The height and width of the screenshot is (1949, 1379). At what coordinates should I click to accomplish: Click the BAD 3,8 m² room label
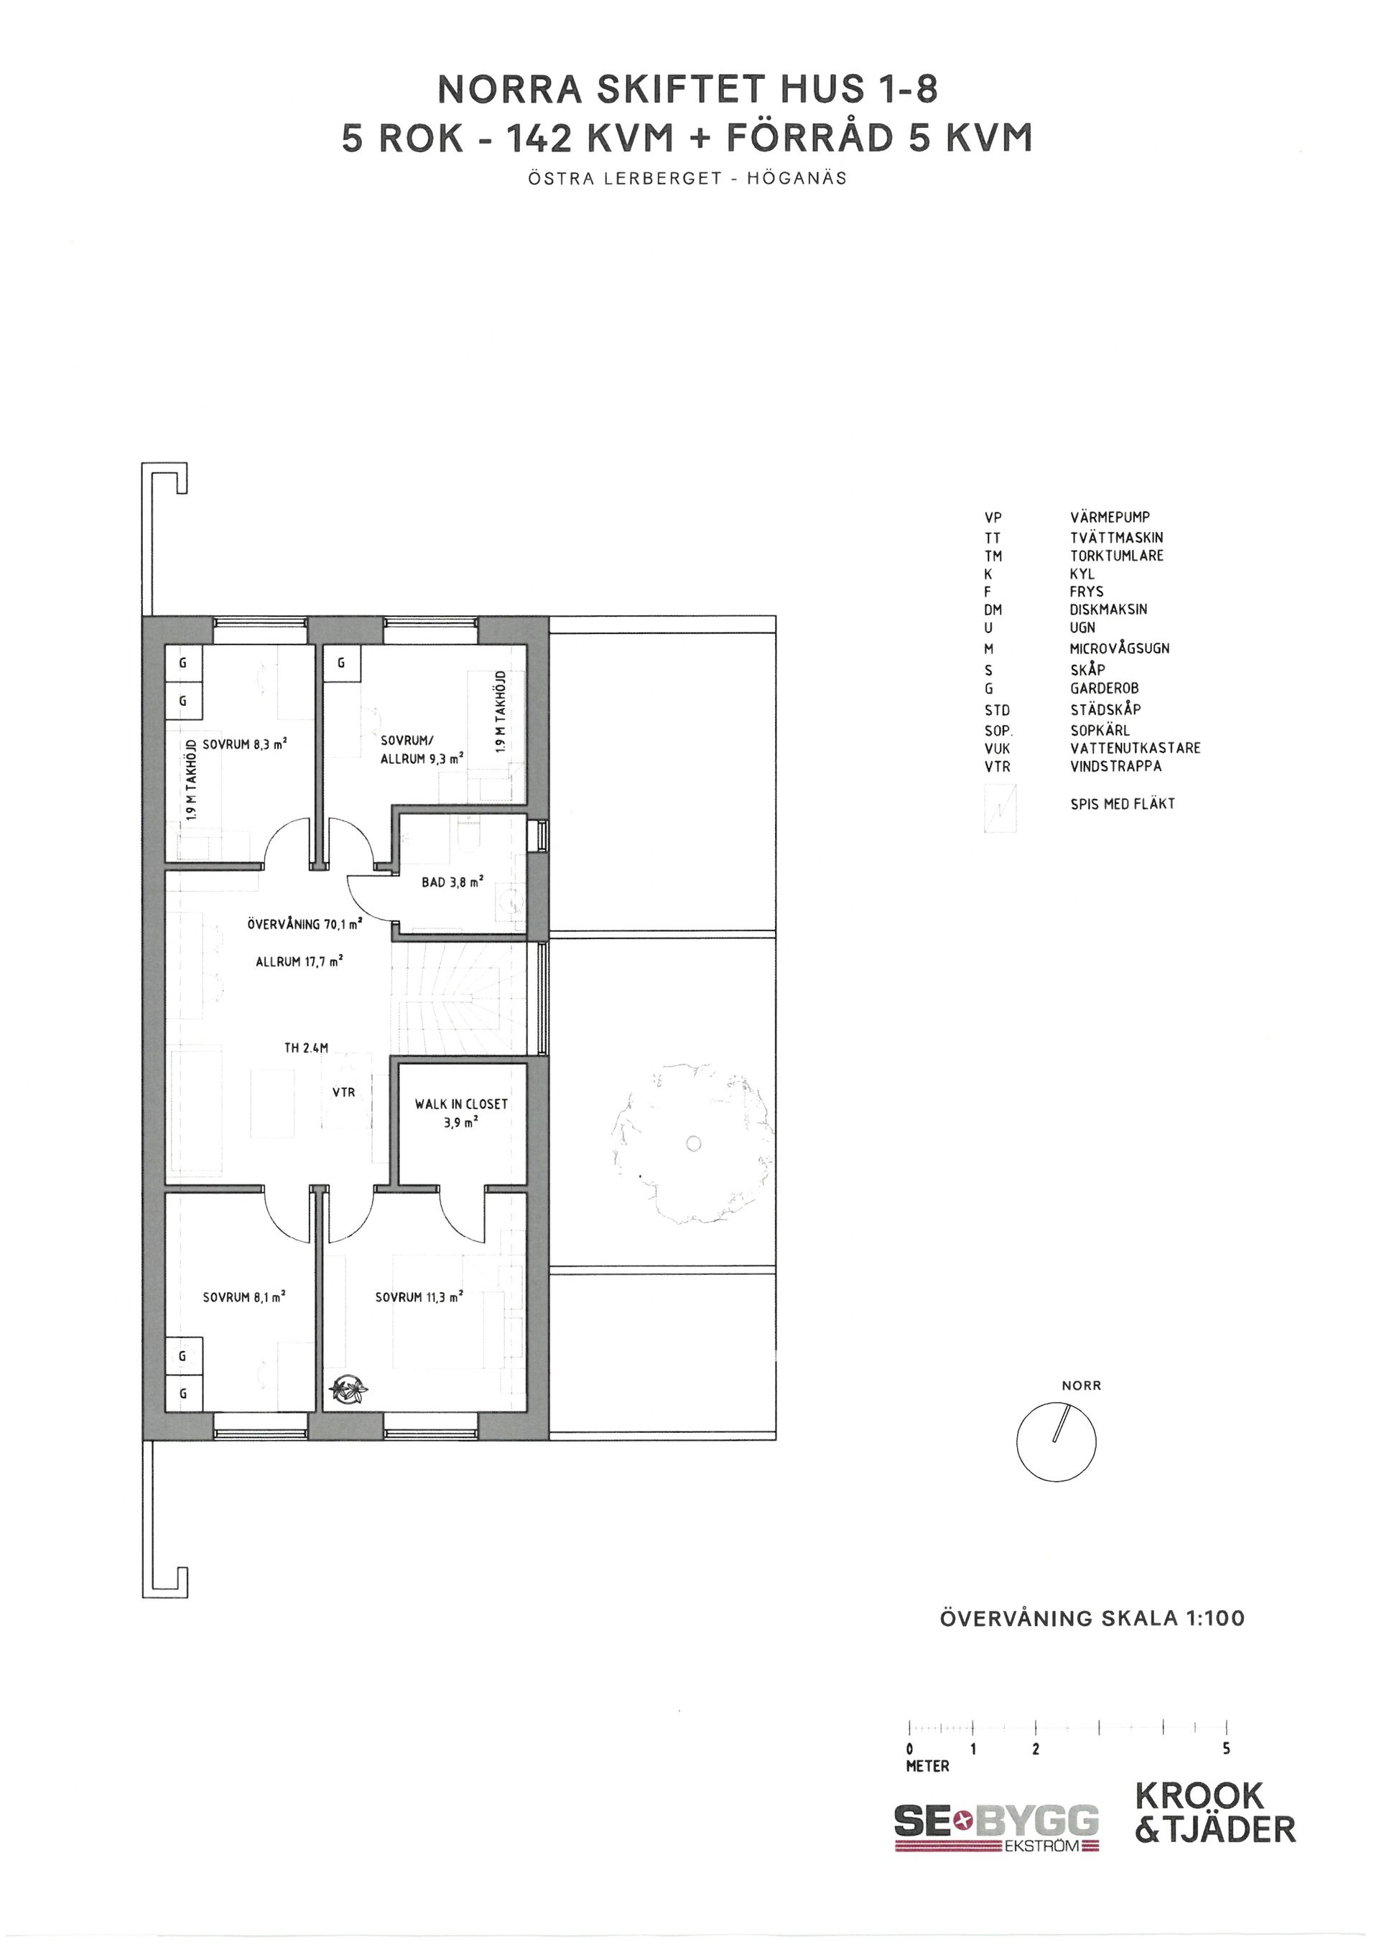point(452,883)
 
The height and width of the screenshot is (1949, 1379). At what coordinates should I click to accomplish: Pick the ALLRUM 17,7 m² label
point(299,962)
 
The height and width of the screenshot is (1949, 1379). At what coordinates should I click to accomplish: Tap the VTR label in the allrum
point(344,1093)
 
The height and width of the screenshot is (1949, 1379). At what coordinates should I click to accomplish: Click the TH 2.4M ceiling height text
point(306,1048)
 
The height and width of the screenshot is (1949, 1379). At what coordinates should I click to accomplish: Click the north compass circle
point(1057,1441)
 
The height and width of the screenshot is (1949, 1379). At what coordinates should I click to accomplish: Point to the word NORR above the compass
point(1081,1385)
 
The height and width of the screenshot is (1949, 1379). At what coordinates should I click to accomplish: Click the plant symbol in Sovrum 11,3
point(348,1391)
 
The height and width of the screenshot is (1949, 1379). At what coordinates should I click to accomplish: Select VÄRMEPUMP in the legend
point(1110,517)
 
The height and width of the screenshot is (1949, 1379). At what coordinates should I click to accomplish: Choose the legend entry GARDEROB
point(1104,688)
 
